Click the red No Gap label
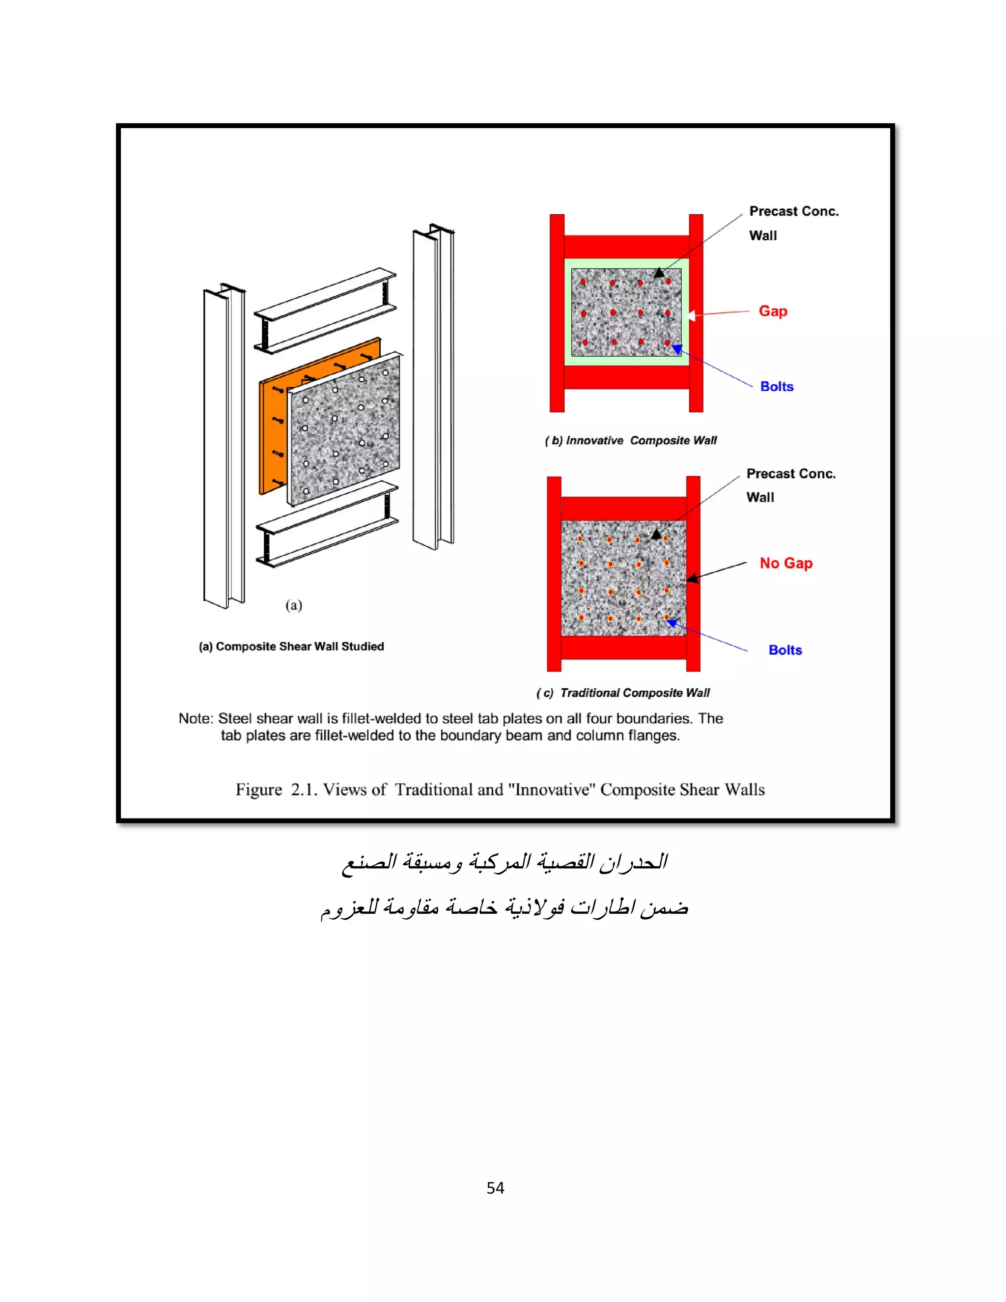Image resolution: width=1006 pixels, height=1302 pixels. pos(785,564)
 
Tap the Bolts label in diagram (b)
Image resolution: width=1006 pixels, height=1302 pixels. pos(777,386)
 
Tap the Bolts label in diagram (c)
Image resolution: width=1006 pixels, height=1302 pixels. pos(785,650)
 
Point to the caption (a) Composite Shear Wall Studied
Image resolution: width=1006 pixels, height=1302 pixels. pos(291,646)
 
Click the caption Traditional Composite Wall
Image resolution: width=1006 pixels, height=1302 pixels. pos(623,693)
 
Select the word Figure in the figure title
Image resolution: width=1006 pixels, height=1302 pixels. pos(259,790)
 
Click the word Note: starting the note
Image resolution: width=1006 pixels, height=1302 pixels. pos(196,718)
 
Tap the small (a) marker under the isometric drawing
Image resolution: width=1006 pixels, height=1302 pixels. pos(294,606)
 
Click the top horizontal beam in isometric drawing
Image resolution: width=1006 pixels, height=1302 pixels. pos(325,310)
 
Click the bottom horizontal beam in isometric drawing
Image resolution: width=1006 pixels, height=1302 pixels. pos(327,525)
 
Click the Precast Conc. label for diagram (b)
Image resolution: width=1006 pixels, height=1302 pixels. pos(793,212)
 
